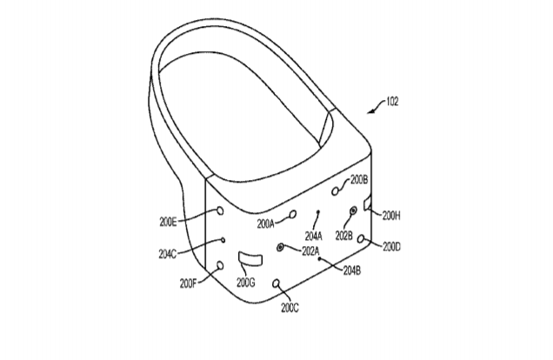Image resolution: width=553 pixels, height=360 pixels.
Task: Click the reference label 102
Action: (392, 102)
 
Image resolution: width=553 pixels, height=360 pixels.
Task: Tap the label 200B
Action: (359, 180)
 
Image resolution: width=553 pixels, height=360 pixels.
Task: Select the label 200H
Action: (391, 216)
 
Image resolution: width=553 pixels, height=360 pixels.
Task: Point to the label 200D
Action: (391, 247)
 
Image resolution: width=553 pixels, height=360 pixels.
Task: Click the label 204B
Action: (352, 270)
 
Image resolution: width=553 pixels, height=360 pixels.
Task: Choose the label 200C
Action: (290, 308)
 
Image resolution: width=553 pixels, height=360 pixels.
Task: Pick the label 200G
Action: (246, 283)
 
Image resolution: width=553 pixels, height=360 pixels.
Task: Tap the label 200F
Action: (188, 283)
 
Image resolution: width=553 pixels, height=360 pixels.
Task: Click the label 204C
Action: (168, 254)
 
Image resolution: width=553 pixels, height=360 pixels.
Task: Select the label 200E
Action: (168, 222)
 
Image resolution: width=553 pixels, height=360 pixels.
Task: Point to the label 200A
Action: (265, 223)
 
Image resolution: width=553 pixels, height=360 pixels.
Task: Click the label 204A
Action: (314, 236)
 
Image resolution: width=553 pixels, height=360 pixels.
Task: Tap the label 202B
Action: (343, 236)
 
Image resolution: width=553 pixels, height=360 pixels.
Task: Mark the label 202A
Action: (310, 251)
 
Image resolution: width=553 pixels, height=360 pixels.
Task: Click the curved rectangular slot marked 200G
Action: (250, 258)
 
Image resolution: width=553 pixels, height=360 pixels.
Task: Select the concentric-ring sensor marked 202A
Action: (280, 247)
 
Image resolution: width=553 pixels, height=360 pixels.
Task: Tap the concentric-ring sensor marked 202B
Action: (353, 211)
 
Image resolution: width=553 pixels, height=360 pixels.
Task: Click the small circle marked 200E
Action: (220, 210)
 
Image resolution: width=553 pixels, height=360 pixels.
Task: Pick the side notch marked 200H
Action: (367, 205)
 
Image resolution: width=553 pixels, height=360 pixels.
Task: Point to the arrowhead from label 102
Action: (370, 112)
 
